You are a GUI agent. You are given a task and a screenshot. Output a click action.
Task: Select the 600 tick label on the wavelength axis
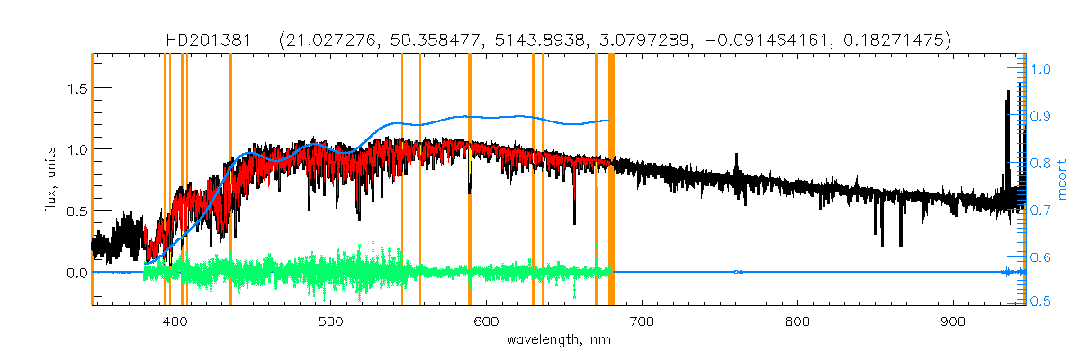486,321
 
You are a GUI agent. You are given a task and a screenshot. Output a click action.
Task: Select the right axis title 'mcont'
1062,181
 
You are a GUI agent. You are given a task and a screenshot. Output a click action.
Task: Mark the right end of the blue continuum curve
609,121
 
